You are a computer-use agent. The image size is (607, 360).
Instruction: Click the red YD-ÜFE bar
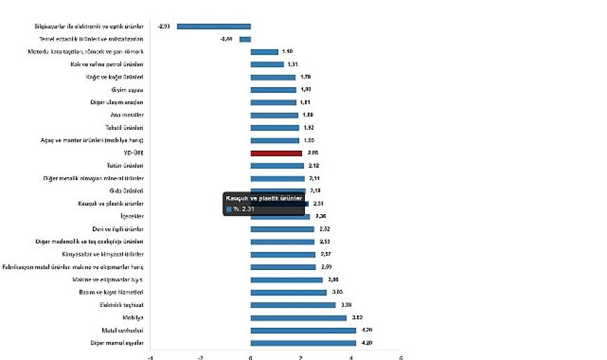click(x=276, y=153)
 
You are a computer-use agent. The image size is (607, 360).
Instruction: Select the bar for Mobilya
click(x=299, y=317)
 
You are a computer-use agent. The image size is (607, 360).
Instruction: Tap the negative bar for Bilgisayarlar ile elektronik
click(x=213, y=27)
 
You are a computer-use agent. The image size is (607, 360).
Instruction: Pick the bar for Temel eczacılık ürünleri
click(x=245, y=39)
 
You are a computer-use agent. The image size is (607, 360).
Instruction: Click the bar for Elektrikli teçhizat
click(x=293, y=305)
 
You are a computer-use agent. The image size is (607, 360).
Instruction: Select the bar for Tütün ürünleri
click(x=277, y=165)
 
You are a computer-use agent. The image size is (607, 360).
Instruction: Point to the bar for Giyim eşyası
click(x=273, y=89)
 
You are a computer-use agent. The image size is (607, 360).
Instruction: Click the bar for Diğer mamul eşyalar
click(x=303, y=343)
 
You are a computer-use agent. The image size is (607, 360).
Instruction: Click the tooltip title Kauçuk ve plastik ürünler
click(x=263, y=198)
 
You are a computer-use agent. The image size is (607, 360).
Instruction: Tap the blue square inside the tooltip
click(x=228, y=208)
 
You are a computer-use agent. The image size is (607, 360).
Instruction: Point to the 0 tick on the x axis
click(x=250, y=357)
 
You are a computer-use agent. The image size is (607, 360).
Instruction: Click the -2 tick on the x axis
click(x=200, y=357)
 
